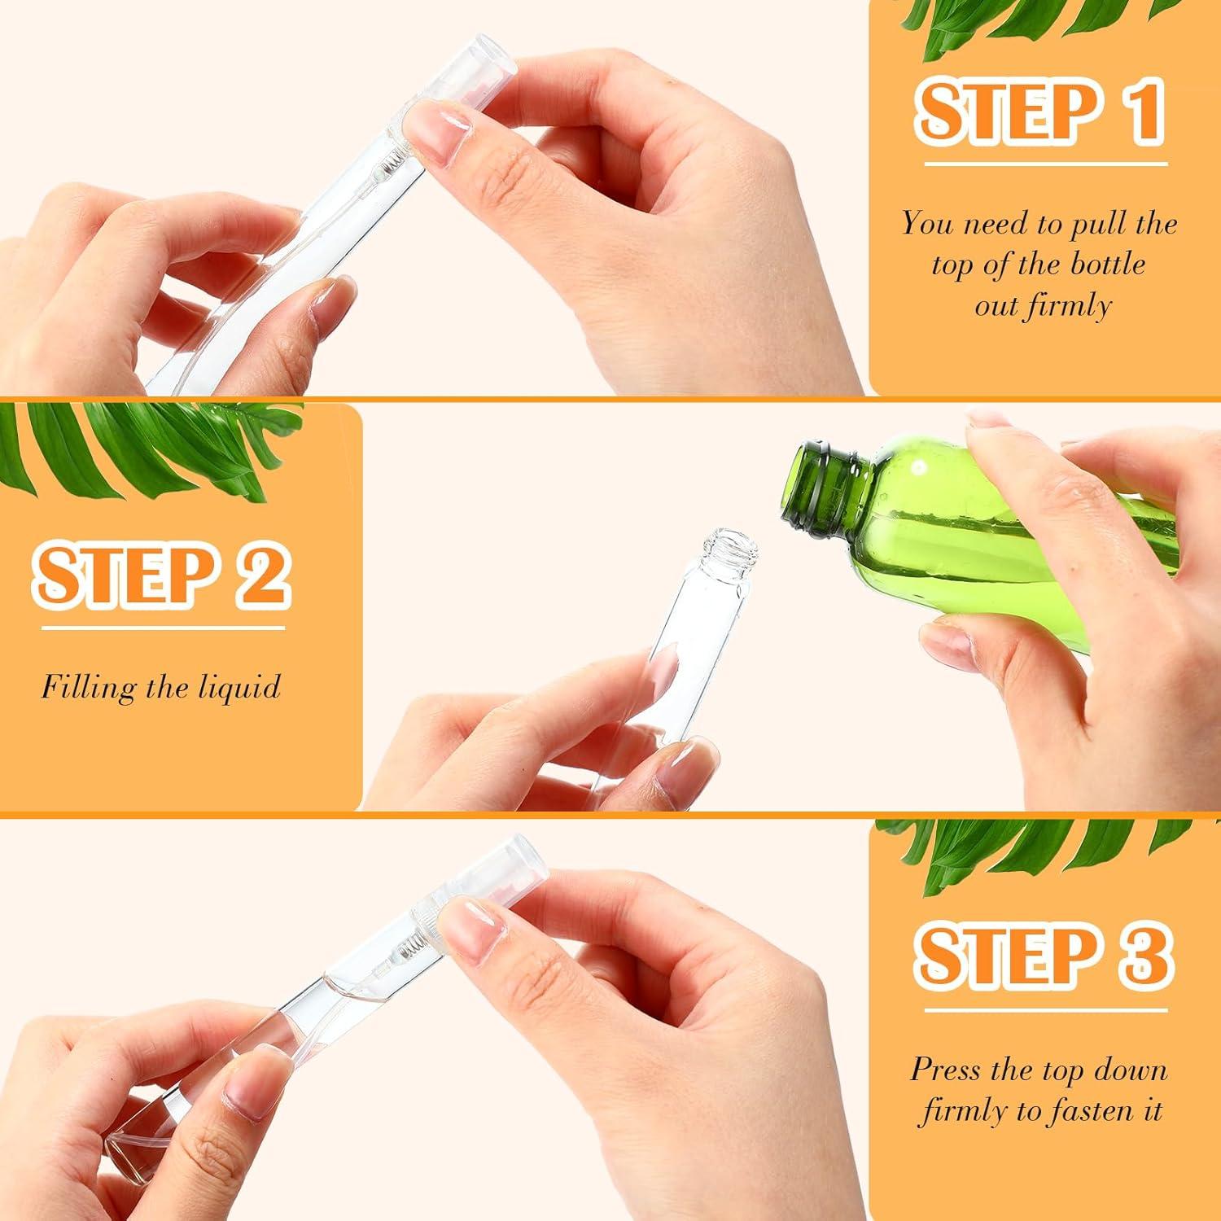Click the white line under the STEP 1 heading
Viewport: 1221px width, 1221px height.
[x=1045, y=164]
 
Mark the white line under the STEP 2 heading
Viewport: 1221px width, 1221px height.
[x=164, y=628]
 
